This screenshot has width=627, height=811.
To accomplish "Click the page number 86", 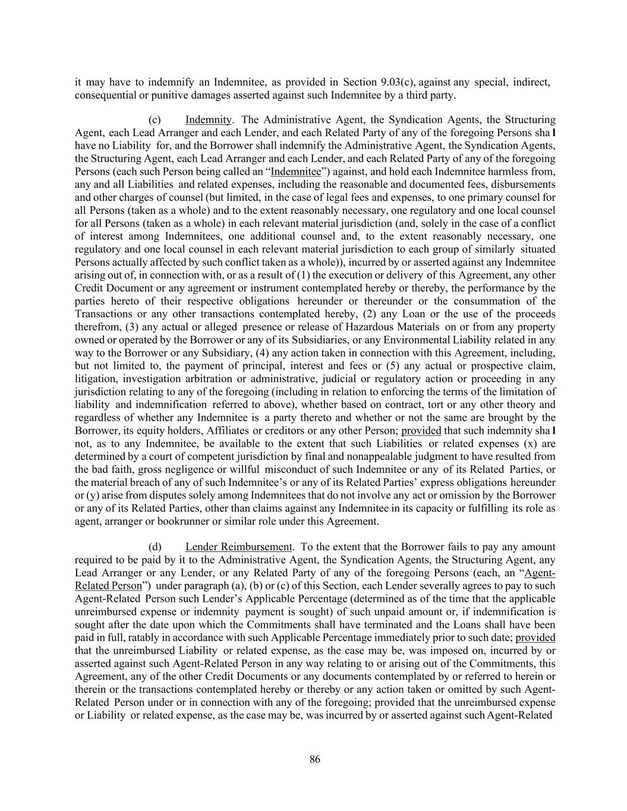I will tap(314, 759).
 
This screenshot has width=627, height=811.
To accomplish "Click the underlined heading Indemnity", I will tap(207, 120).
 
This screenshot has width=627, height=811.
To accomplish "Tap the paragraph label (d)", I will tap(155, 547).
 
